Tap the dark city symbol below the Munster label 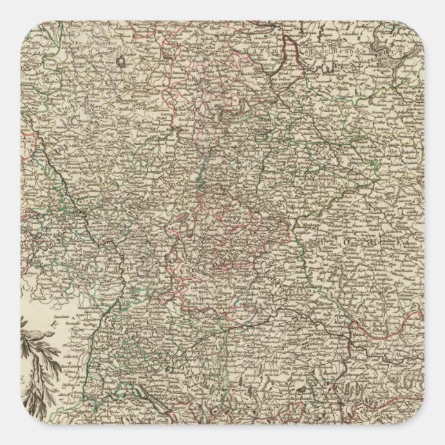coord(121,61)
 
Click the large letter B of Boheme coord(323,243)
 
